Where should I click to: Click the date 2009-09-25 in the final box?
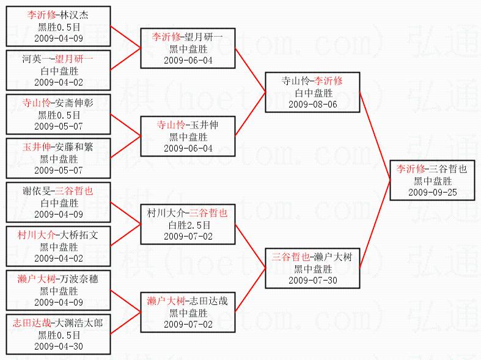point(432,193)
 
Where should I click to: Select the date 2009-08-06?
point(313,104)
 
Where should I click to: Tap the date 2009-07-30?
point(313,280)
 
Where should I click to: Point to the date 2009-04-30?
point(59,347)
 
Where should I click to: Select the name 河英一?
point(37,59)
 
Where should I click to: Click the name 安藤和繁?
point(73,147)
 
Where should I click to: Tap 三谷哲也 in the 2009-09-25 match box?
point(448,169)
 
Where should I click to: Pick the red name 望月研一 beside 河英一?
point(74,59)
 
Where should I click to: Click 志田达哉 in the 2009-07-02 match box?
point(205,301)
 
